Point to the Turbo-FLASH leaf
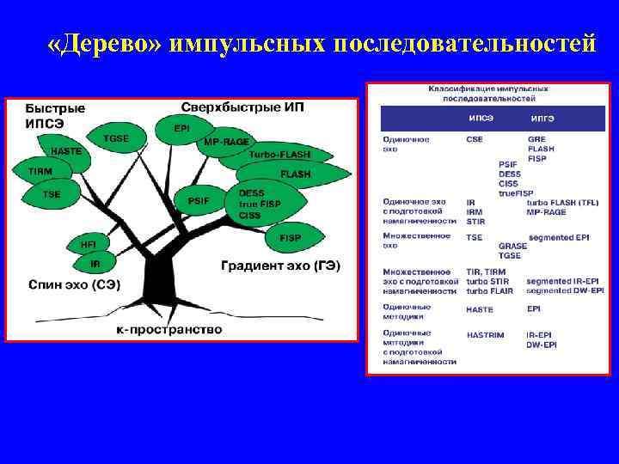pyautogui.click(x=278, y=156)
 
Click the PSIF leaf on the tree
pyautogui.click(x=199, y=201)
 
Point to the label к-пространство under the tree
pyautogui.click(x=169, y=330)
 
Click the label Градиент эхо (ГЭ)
pyautogui.click(x=280, y=266)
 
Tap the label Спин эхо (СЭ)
pyautogui.click(x=74, y=284)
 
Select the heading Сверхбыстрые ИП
pyautogui.click(x=242, y=107)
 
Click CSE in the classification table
pyautogui.click(x=475, y=139)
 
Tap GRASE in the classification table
pyautogui.click(x=512, y=246)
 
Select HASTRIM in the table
pyautogui.click(x=487, y=334)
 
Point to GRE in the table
pyautogui.click(x=536, y=139)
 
